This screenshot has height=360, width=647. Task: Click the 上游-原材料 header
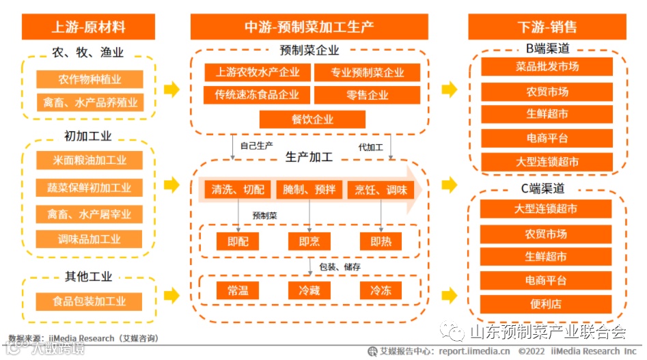pyautogui.click(x=89, y=27)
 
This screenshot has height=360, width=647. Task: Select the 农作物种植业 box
pyautogui.click(x=90, y=79)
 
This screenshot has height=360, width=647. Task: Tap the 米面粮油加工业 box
pyautogui.click(x=90, y=161)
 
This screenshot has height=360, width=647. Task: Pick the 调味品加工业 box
pyautogui.click(x=90, y=239)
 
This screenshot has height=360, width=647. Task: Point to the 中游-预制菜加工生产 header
pyautogui.click(x=309, y=27)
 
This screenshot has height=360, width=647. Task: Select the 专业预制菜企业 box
pyautogui.click(x=368, y=72)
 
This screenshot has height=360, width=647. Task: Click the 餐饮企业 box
pyautogui.click(x=312, y=120)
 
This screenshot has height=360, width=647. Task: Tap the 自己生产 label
pyautogui.click(x=257, y=146)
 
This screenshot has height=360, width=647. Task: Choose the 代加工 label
pyautogui.click(x=370, y=146)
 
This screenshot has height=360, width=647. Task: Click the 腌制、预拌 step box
pyautogui.click(x=309, y=189)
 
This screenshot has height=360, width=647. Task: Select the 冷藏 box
pyautogui.click(x=309, y=290)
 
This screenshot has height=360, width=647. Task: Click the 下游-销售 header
pyautogui.click(x=547, y=27)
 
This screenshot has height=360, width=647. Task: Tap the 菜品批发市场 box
pyautogui.click(x=547, y=67)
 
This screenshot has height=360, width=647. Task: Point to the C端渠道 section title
pyautogui.click(x=547, y=189)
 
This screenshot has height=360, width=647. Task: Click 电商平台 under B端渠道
pyautogui.click(x=547, y=138)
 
